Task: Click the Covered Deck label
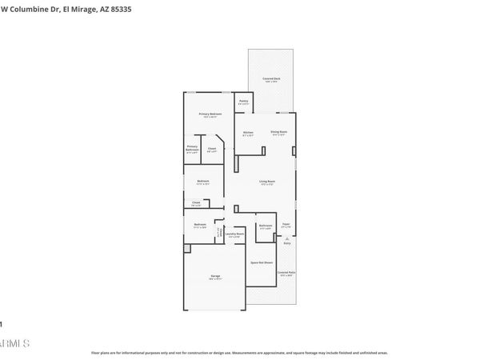[272, 78]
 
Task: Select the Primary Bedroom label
[210, 115]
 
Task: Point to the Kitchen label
[248, 132]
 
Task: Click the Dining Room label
[278, 132]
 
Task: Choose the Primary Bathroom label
[192, 148]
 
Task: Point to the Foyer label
[286, 225]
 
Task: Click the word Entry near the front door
[286, 243]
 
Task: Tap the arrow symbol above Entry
[286, 237]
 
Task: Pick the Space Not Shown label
[262, 262]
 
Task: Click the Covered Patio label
[286, 273]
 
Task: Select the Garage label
[215, 277]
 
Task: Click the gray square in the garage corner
[187, 250]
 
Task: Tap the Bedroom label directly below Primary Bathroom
[203, 182]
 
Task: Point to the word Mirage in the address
[82, 9]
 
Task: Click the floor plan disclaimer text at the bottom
[240, 352]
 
